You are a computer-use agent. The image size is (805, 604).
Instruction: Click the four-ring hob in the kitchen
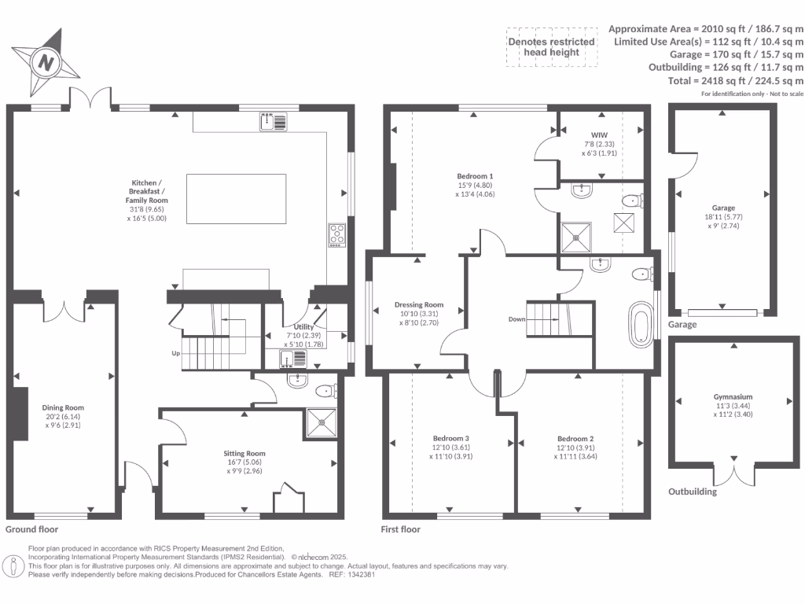pos(337,235)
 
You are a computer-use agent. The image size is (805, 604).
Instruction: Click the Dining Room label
pos(62,407)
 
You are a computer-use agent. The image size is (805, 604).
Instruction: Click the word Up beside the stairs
pos(176,353)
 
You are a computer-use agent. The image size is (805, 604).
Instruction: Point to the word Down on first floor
pos(516,319)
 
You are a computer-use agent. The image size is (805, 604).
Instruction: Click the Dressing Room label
pos(418,304)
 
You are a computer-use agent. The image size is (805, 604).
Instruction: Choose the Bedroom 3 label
pos(451,438)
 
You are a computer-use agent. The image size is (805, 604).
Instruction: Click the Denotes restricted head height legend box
pos(550,47)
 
